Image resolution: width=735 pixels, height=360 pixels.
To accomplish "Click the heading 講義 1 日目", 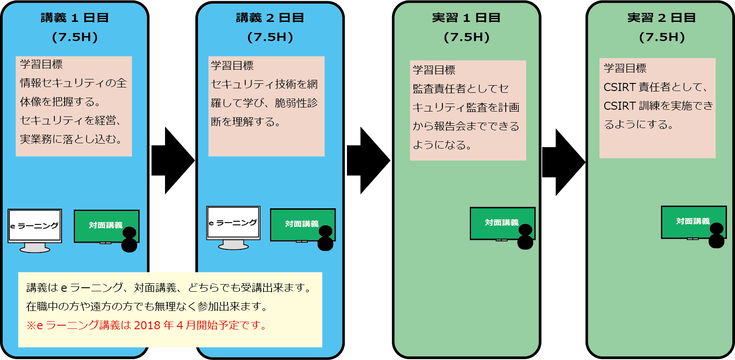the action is (x=74, y=18).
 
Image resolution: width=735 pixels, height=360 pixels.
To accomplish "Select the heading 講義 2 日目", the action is (x=270, y=18).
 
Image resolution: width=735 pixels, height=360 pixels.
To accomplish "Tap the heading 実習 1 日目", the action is (x=466, y=18).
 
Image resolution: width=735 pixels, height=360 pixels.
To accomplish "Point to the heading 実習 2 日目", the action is (x=661, y=18).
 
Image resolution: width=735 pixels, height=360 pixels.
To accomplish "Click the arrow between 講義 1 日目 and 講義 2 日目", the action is (x=173, y=161).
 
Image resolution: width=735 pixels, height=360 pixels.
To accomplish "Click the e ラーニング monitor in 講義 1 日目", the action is (x=35, y=231).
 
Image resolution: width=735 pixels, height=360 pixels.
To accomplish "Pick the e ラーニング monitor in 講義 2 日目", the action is (x=233, y=228).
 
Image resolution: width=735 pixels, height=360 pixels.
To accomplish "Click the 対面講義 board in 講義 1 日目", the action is (x=107, y=227).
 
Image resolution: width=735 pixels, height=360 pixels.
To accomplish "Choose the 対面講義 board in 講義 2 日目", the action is (x=302, y=225).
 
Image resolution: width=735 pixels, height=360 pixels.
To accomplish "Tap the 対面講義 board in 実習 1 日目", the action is (x=502, y=223).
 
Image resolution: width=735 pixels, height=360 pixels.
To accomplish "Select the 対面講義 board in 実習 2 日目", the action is (x=694, y=223).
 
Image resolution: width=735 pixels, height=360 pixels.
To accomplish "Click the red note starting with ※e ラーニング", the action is (x=146, y=325).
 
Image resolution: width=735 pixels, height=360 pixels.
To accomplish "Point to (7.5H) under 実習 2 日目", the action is (x=662, y=37).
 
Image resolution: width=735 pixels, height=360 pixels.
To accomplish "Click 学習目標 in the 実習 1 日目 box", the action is (x=434, y=70).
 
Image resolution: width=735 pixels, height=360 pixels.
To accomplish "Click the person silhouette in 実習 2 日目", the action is (x=716, y=235).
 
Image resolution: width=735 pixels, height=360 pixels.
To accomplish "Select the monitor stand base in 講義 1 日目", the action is (x=35, y=249).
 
